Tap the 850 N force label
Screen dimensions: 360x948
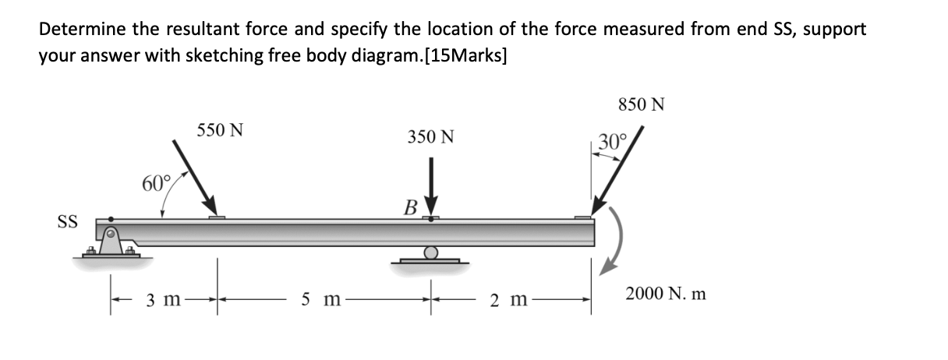point(641,104)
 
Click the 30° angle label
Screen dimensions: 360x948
point(612,143)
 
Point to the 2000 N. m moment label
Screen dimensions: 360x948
point(666,295)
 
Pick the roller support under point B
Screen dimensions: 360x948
point(430,254)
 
